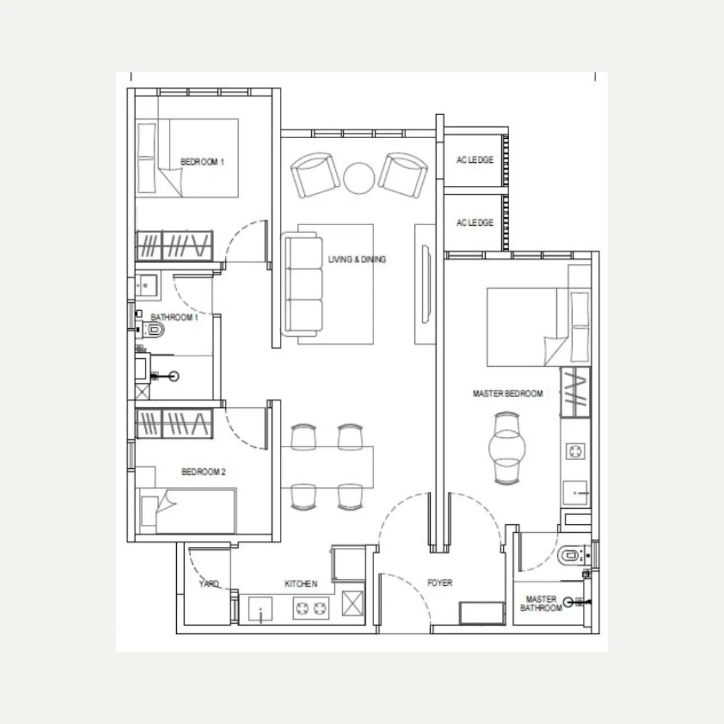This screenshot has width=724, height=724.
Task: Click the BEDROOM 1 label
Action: [202, 162]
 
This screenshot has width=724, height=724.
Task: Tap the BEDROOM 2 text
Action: [203, 472]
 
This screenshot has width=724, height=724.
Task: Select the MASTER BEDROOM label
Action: [507, 394]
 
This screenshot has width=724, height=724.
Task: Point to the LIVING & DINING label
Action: [357, 259]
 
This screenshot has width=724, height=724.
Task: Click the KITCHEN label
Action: [301, 584]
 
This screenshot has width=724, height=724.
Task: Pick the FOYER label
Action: [440, 583]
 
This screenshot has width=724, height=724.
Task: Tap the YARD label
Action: [209, 583]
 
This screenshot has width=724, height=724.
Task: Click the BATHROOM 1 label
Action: [174, 317]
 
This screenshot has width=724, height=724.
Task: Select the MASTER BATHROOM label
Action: [541, 603]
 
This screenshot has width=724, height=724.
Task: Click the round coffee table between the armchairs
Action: [359, 178]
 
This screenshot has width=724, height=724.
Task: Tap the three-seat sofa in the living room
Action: [303, 284]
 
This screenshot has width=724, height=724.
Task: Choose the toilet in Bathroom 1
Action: [153, 330]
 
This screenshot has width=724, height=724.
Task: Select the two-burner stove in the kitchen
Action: [311, 608]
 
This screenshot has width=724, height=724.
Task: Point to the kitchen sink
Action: [261, 609]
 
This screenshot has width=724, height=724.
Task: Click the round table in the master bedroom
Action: [507, 448]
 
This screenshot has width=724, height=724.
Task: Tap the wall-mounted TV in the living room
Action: [426, 284]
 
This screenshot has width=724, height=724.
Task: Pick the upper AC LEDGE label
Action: [475, 160]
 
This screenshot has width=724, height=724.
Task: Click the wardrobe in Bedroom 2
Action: [174, 424]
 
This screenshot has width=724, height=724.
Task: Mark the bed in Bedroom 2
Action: [187, 510]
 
